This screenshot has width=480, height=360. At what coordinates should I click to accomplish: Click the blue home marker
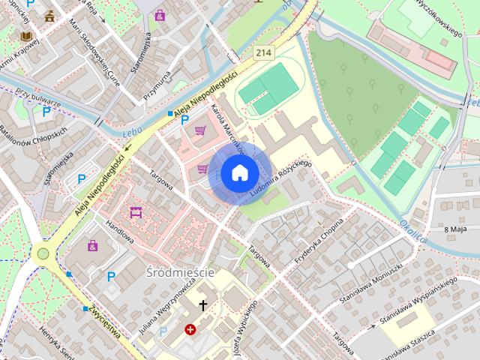tap(239, 173)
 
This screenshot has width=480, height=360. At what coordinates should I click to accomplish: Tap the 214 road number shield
tap(263, 52)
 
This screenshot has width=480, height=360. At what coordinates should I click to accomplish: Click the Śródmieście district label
tap(181, 272)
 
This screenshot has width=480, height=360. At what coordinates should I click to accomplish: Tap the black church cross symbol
tap(202, 305)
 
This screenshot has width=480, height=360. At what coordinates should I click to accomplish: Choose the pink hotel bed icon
tap(136, 213)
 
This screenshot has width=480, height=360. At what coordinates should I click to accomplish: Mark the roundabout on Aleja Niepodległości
tap(43, 253)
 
